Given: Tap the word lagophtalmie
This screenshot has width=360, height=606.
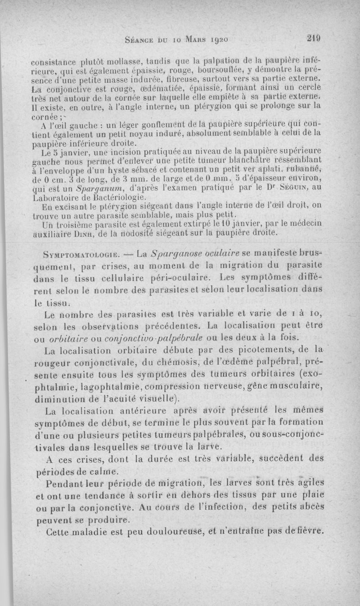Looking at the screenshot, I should (x=97, y=386).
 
